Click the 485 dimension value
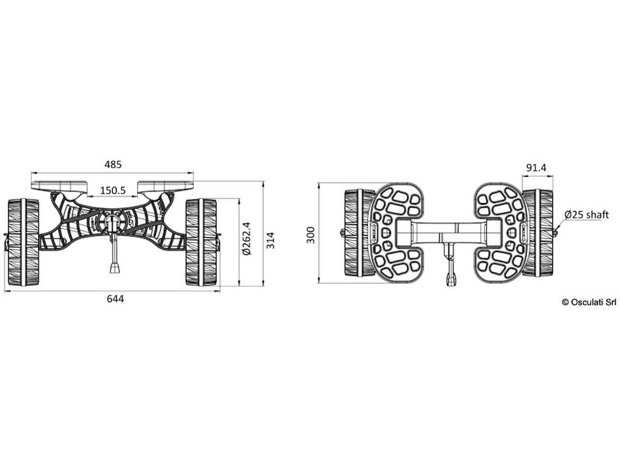pyautogui.click(x=113, y=164)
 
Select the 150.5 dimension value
pyautogui.click(x=113, y=191)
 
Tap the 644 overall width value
pyautogui.click(x=115, y=299)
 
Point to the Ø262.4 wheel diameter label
pyautogui.click(x=246, y=239)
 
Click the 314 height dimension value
pyautogui.click(x=271, y=240)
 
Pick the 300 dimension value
pyautogui.click(x=311, y=235)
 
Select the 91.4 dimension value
pyautogui.click(x=536, y=168)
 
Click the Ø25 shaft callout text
pyautogui.click(x=586, y=215)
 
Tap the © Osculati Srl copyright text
pyautogui.click(x=589, y=302)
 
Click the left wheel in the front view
pyautogui.click(x=23, y=242)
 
